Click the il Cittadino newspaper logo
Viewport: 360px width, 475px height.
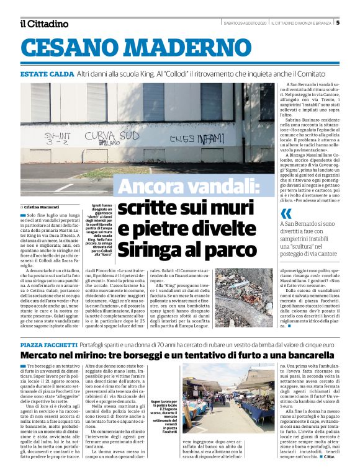[43, 24]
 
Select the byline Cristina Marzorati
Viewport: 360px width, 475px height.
[44, 206]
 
